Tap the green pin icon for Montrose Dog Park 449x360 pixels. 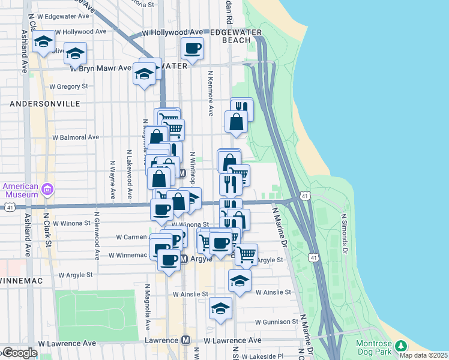point(401,346)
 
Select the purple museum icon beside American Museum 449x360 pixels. point(47,191)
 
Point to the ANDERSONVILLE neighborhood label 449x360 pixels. point(45,104)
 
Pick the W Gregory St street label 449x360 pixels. point(68,86)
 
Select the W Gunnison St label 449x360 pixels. point(276,322)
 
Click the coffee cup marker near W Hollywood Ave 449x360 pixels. point(193,49)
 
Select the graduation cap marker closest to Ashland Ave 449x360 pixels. point(44,42)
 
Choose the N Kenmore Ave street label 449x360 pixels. point(211,93)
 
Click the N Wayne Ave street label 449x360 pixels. point(112,179)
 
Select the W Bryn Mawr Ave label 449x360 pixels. point(100,68)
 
